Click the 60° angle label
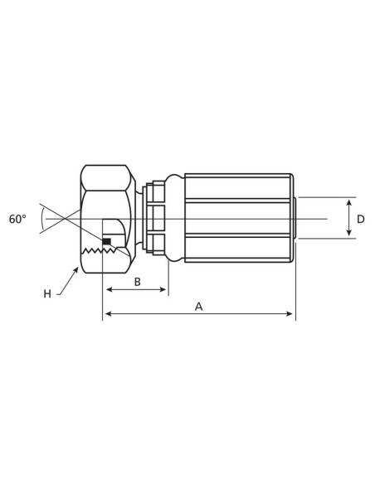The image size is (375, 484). pyautogui.click(x=17, y=219)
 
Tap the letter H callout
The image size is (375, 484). pyautogui.click(x=47, y=293)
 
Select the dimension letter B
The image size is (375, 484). pyautogui.click(x=138, y=282)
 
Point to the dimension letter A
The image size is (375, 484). pyautogui.click(x=198, y=306)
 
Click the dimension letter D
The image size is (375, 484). pyautogui.click(x=360, y=219)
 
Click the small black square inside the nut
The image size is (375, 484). pyautogui.click(x=106, y=241)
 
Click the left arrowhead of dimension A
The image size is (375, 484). pyautogui.click(x=106, y=314)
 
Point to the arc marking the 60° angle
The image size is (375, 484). pyautogui.click(x=41, y=219)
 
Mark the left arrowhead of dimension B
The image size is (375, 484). pyautogui.click(x=107, y=290)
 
